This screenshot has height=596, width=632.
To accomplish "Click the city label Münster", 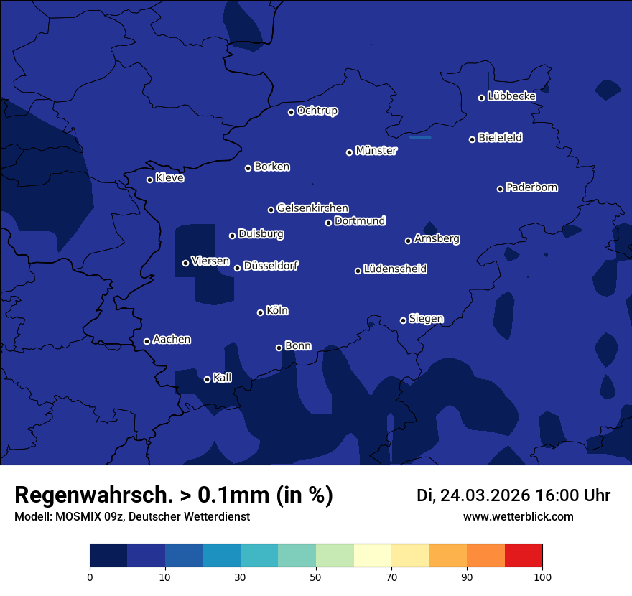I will click(376, 151).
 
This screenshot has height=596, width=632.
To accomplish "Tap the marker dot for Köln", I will click(260, 312).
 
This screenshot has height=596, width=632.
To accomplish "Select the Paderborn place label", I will click(531, 187).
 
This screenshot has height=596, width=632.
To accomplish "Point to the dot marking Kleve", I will click(149, 180).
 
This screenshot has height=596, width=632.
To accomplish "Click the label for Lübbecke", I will click(511, 96).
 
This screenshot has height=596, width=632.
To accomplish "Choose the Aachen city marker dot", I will click(147, 341).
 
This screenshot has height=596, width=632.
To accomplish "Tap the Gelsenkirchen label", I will click(312, 208).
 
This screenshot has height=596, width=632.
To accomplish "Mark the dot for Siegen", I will click(403, 320).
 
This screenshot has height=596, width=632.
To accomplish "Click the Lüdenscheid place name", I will click(395, 269).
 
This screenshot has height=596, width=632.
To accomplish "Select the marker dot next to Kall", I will click(207, 379).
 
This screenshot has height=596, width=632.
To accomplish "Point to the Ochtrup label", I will click(317, 111).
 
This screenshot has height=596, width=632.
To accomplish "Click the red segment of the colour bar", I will click(524, 556).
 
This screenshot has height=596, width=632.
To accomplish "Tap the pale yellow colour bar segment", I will click(373, 556).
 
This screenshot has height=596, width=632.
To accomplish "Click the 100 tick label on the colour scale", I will click(542, 577).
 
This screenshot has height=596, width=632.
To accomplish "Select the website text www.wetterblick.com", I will click(518, 516).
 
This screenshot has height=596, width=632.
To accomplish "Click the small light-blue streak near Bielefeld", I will click(419, 137).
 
